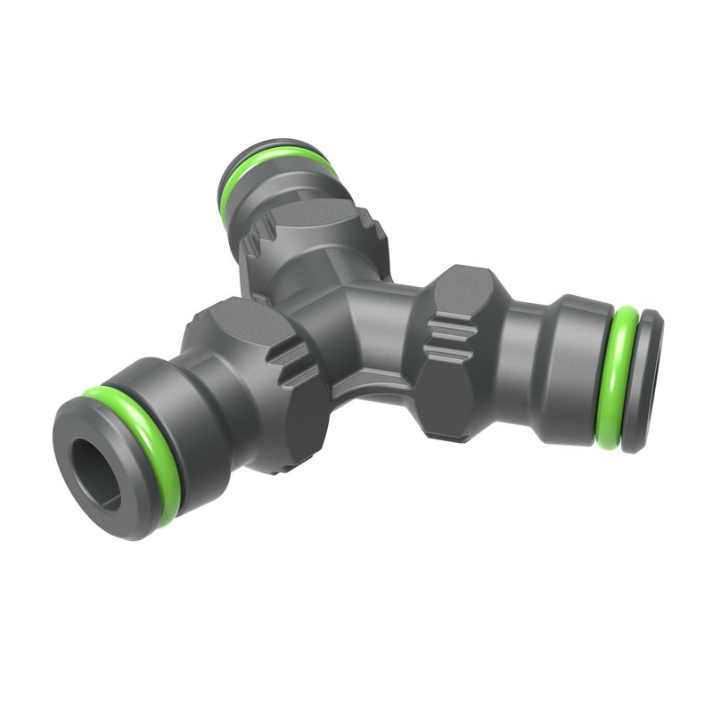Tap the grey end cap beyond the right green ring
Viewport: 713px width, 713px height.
pyautogui.click(x=648, y=379)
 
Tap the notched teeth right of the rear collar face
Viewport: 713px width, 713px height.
pyautogui.click(x=370, y=223)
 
